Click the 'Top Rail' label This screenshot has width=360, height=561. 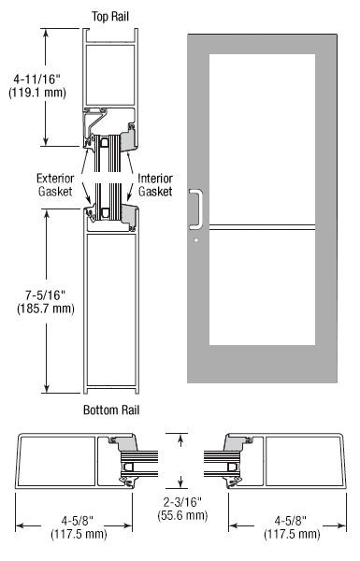[x=110, y=17]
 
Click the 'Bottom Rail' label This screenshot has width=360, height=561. [x=111, y=410]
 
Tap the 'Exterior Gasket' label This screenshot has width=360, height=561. [x=55, y=184]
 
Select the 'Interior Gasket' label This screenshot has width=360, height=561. [x=155, y=184]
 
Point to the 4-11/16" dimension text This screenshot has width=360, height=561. [x=37, y=79]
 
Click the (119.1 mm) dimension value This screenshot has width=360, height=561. [x=37, y=93]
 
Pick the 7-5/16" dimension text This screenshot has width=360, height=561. [x=46, y=295]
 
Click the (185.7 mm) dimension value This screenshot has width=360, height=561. [x=46, y=308]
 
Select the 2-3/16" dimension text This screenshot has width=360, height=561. [x=182, y=502]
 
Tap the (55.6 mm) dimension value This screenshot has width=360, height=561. [x=182, y=515]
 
